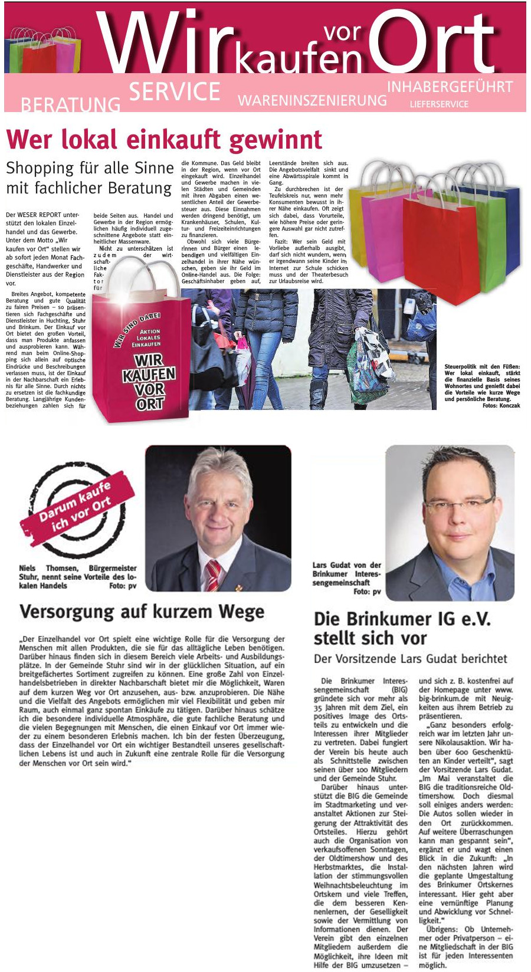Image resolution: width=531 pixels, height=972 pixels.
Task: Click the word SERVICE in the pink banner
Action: click(x=174, y=91)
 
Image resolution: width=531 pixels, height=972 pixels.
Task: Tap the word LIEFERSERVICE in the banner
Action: click(x=439, y=104)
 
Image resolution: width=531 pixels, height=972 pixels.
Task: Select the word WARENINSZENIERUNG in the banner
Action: click(x=312, y=100)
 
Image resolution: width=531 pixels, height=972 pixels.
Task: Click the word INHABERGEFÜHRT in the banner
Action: click(x=450, y=87)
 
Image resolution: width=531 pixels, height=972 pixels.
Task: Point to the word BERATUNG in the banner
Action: click(x=70, y=105)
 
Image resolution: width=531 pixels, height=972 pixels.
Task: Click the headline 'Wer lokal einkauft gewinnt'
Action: click(x=164, y=140)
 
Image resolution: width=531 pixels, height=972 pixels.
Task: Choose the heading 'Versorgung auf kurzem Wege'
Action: click(x=142, y=612)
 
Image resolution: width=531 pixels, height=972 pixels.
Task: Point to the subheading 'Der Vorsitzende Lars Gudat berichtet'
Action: click(x=410, y=659)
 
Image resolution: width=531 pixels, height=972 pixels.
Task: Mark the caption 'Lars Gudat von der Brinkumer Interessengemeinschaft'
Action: click(x=346, y=574)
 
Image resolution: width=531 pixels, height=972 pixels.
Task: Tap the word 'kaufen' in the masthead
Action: click(x=298, y=59)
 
